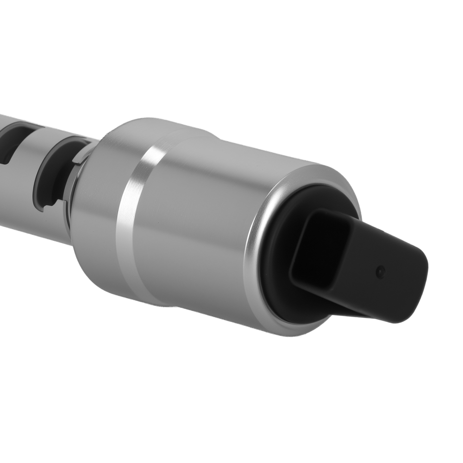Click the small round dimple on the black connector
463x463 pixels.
coord(380,272)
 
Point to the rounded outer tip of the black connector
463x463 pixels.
coord(417,287)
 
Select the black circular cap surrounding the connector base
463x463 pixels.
coord(278,278)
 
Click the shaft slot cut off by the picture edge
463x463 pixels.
coord(9,144)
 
